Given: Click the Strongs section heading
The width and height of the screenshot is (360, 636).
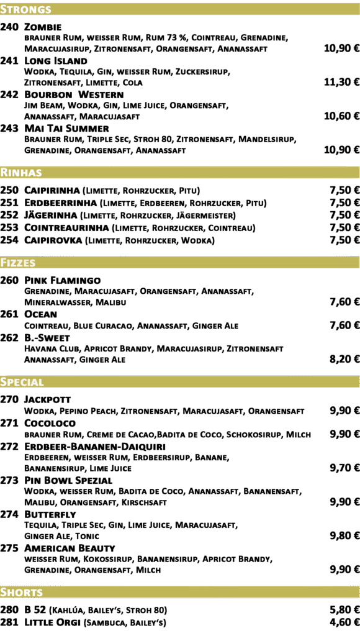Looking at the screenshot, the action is click(25, 9).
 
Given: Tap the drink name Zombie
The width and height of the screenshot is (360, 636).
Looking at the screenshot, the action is click(43, 27).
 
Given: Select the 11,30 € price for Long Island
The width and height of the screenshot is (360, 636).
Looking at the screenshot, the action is click(342, 83).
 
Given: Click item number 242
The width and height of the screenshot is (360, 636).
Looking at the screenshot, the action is click(9, 94).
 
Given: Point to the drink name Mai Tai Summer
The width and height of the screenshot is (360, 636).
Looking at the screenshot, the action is click(66, 129).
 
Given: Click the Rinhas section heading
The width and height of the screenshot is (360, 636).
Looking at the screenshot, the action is click(21, 173).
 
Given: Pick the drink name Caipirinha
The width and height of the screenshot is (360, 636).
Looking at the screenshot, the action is click(52, 190).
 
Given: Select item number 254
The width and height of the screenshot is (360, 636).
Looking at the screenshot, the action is click(9, 240).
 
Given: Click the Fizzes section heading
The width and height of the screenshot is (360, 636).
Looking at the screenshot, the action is click(18, 263).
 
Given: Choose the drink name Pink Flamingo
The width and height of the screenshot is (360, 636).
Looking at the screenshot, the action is click(63, 280).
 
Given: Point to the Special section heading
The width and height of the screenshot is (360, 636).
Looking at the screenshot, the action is click(22, 382).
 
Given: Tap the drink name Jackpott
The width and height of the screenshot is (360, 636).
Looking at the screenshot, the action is click(47, 399).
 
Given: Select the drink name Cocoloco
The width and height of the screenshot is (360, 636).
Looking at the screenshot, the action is click(50, 423).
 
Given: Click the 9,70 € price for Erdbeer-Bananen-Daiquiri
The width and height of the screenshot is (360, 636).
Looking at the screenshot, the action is click(344, 468).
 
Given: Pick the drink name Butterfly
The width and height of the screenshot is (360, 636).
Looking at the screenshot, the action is click(50, 514).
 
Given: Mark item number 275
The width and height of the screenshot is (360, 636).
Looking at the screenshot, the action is click(9, 548).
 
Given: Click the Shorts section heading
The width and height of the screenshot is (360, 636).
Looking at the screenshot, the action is click(22, 592).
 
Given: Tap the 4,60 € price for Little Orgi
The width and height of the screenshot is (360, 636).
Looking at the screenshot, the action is click(344, 622).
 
